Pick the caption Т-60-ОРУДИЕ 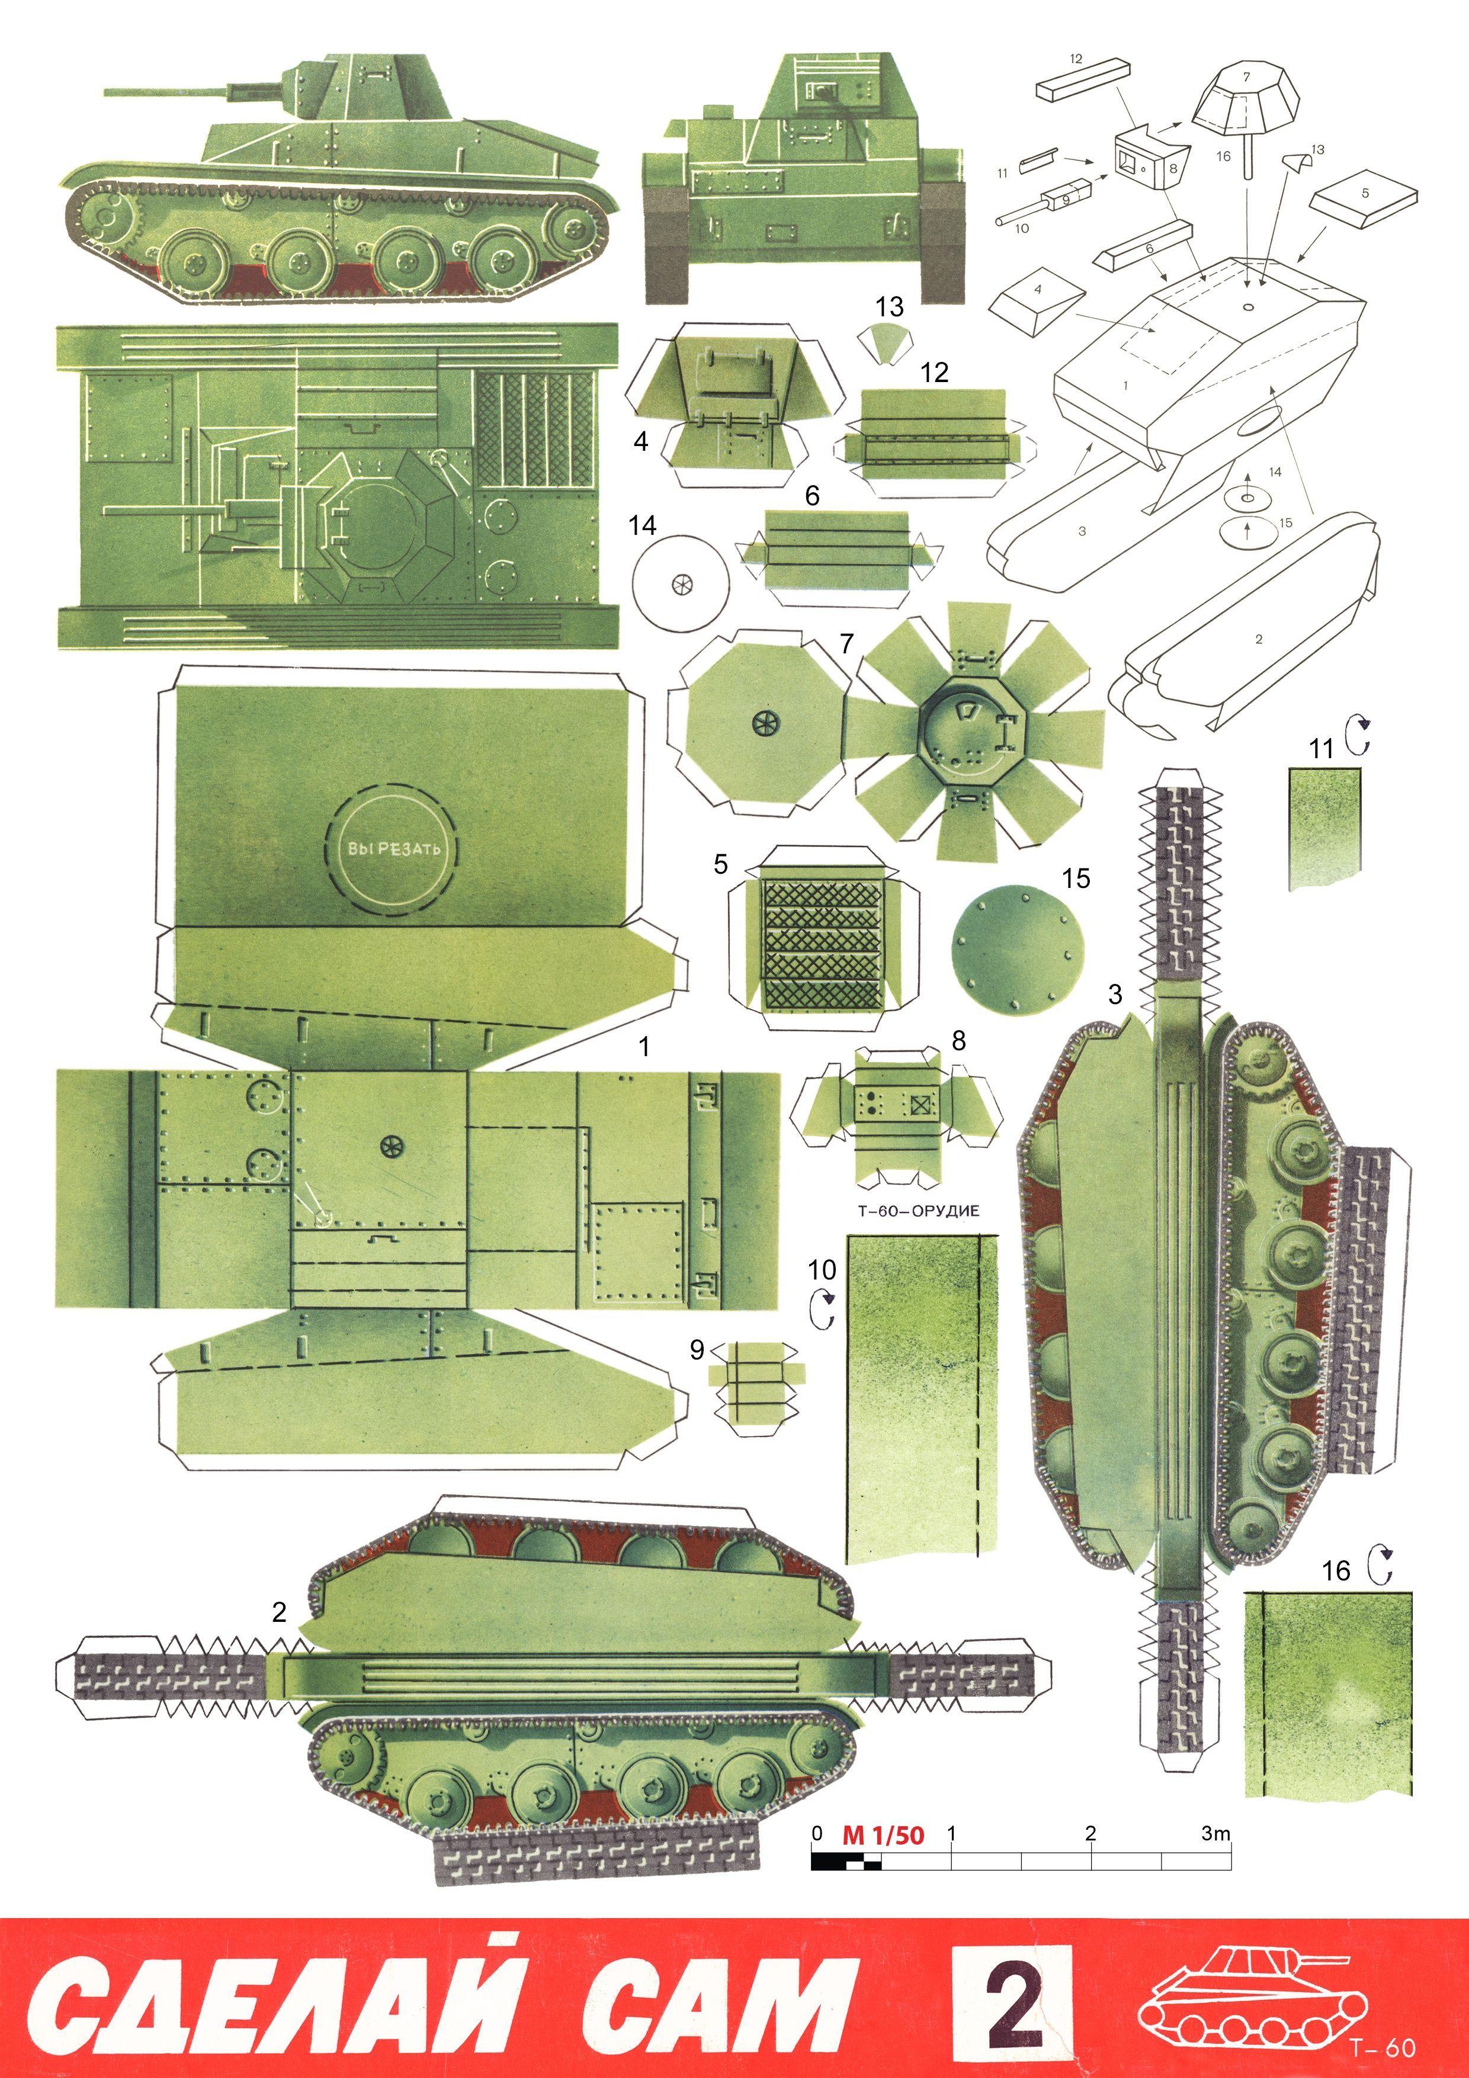click(918, 1210)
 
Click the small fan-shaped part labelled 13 click(884, 343)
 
